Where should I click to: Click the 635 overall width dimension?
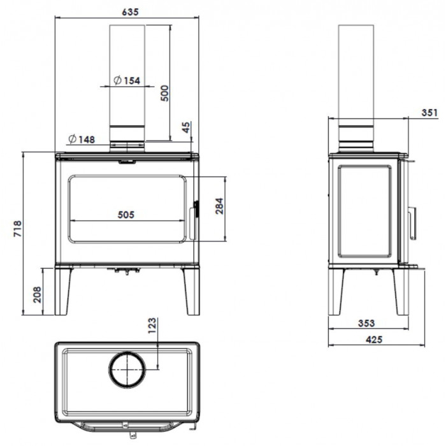click(x=130, y=12)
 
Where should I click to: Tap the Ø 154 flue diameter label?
click(x=127, y=80)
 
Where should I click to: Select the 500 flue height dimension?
click(x=164, y=93)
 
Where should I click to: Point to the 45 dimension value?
click(x=185, y=127)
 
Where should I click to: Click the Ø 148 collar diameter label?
click(x=82, y=140)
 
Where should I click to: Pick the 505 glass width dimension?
click(x=126, y=215)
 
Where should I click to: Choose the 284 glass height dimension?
click(x=219, y=206)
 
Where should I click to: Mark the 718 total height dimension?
click(x=17, y=228)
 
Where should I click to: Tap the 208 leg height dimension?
click(x=37, y=294)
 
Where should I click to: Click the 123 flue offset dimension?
click(x=152, y=326)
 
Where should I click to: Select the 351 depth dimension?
click(x=429, y=113)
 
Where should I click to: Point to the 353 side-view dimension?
click(x=366, y=323)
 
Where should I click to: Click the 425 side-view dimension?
click(x=374, y=340)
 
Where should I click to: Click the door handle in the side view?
click(x=412, y=223)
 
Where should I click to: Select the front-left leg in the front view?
click(x=63, y=291)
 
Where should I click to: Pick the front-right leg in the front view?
click(x=191, y=291)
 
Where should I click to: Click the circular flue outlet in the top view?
click(x=127, y=352)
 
